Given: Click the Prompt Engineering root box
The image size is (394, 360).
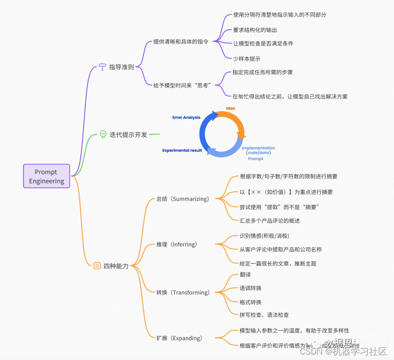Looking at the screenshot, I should point(46,176).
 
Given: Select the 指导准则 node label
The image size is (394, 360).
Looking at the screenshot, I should point(121,67).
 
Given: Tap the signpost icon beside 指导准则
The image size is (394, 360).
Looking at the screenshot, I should point(102,67).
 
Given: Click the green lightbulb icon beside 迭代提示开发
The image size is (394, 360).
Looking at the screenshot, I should point(102,134).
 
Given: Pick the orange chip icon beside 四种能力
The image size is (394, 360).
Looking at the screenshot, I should point(97,266).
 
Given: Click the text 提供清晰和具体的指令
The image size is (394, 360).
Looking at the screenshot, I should point(181,42).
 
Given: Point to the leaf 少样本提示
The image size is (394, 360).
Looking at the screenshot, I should point(246,59).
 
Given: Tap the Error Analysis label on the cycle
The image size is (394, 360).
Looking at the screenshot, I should point(186,117).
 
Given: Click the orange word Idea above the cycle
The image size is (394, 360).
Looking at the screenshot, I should point(230,108).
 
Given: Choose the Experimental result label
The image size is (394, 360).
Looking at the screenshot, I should point(182,150).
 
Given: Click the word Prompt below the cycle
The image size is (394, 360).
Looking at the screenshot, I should point(256,159).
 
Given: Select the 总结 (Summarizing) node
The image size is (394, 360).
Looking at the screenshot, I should point(182,199).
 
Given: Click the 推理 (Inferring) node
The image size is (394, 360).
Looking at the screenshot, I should point(177,244).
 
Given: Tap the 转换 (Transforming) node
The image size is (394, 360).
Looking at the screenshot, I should point(183,293).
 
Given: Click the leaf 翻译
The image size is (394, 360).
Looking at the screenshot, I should point(245,275).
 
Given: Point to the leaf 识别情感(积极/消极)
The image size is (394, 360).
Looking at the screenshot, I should point(264,236).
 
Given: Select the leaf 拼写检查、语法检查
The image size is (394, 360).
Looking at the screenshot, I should point(264,315).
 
